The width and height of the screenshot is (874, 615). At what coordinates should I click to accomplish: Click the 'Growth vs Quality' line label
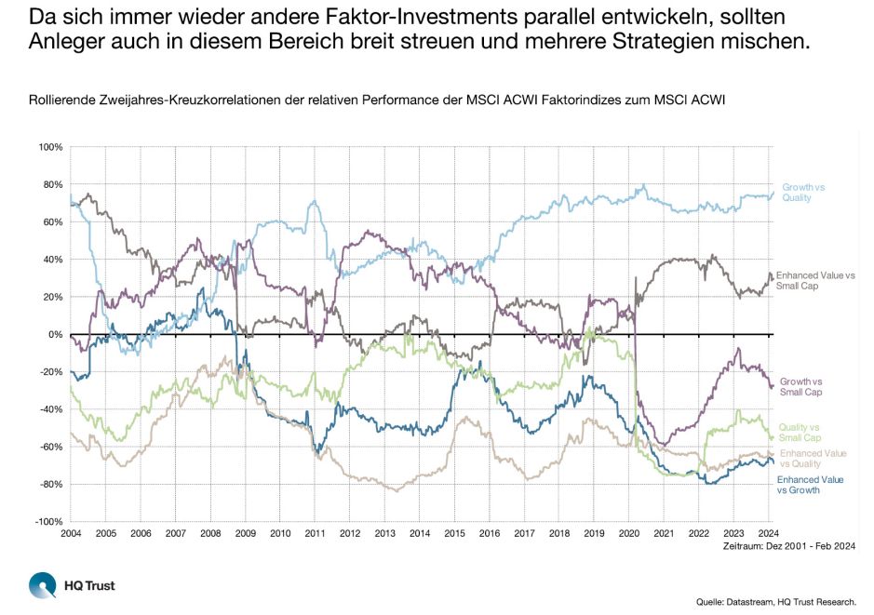click(802, 193)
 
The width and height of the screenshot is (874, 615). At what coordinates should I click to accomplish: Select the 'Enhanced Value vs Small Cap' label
click(814, 281)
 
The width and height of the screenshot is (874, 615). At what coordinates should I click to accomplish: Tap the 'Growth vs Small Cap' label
click(801, 387)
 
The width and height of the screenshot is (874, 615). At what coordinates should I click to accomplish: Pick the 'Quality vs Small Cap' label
click(799, 432)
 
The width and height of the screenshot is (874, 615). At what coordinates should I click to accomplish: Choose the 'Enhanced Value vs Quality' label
click(813, 458)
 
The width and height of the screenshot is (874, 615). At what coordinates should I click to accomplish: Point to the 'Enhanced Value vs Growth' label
click(811, 485)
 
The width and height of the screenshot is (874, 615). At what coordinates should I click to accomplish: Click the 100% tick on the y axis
click(49, 147)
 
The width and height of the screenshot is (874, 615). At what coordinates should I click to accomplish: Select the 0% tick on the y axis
click(55, 335)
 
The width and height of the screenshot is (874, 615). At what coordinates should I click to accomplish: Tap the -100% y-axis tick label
click(47, 522)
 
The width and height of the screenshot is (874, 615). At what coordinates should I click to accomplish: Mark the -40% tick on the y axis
click(50, 409)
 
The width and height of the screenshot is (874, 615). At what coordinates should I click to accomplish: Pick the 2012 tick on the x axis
click(350, 534)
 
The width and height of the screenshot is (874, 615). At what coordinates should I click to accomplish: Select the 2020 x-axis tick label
click(629, 534)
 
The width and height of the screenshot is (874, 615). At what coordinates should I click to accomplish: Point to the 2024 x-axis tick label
click(769, 534)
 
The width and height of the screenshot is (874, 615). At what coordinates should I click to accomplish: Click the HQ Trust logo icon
click(42, 585)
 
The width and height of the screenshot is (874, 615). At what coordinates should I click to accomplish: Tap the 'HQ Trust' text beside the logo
click(89, 585)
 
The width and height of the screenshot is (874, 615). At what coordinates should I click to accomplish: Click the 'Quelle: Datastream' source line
click(776, 601)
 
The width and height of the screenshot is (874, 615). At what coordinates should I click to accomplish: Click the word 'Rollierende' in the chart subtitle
click(55, 100)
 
